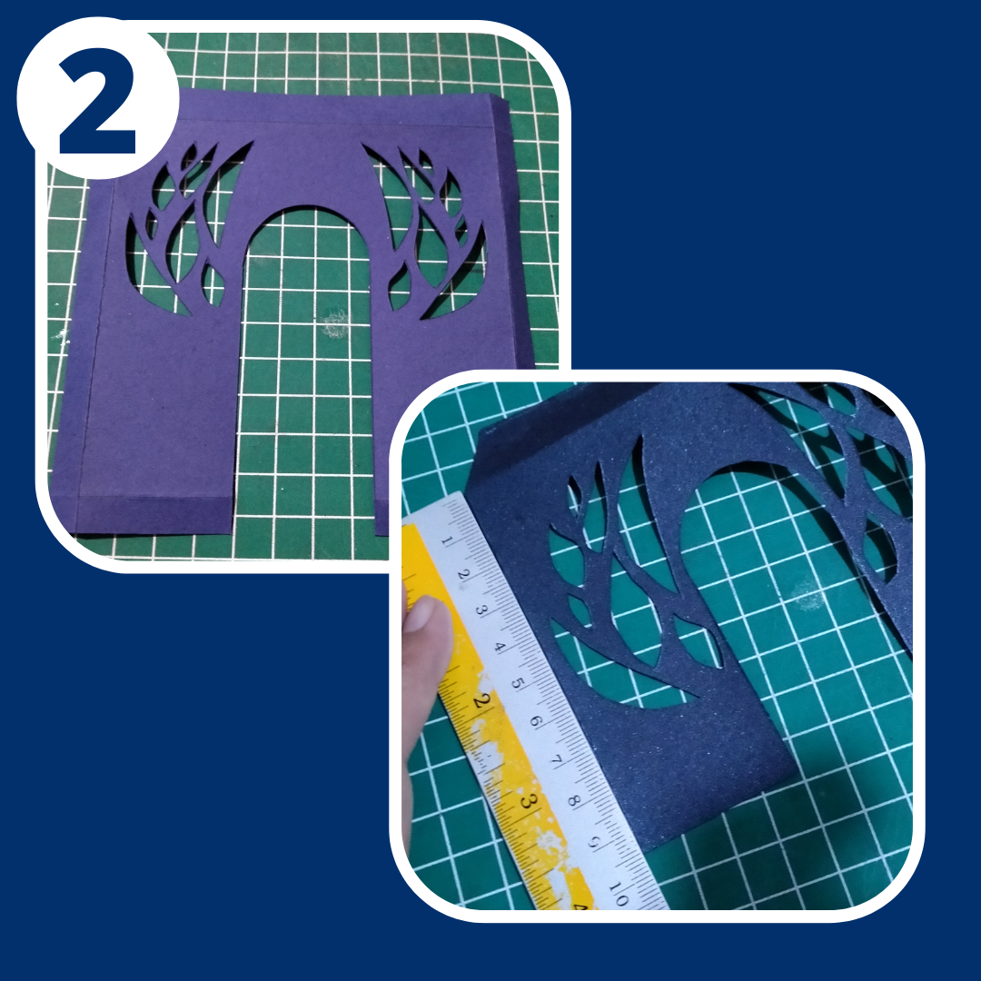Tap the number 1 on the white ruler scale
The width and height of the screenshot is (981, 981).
447,540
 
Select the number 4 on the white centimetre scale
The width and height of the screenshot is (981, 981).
500,647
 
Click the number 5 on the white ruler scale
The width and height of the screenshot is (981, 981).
518,683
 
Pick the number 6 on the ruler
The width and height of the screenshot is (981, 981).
536,720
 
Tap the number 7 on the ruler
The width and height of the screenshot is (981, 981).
555,760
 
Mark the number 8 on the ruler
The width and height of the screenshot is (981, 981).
574,800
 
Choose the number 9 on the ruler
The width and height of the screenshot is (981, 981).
594,842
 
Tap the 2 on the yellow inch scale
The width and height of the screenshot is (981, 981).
480,700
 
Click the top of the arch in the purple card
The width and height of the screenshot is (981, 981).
307,206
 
